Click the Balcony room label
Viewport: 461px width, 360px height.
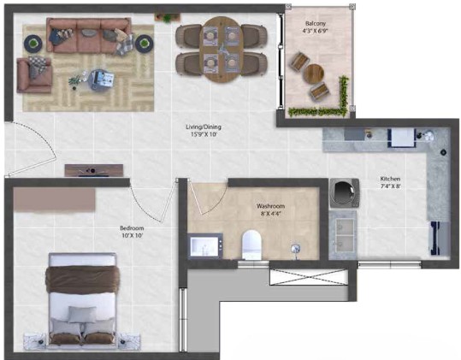point(315,23)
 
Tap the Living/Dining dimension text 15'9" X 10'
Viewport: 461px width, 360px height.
point(204,134)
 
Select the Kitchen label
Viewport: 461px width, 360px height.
point(390,179)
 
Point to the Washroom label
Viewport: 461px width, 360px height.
point(270,206)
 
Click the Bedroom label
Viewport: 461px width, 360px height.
point(132,228)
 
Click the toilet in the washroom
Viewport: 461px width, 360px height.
point(251,245)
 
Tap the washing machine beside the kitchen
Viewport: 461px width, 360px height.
point(344,192)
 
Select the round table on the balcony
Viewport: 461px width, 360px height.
point(313,74)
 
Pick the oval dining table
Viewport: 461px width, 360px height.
point(222,50)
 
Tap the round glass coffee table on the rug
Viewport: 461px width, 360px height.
point(102,80)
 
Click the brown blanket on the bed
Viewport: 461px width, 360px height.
point(83,279)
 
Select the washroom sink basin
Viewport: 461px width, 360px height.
point(205,245)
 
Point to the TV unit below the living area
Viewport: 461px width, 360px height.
point(94,170)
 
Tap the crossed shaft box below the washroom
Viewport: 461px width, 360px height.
point(309,277)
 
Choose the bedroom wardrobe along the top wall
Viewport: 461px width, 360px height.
point(54,199)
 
